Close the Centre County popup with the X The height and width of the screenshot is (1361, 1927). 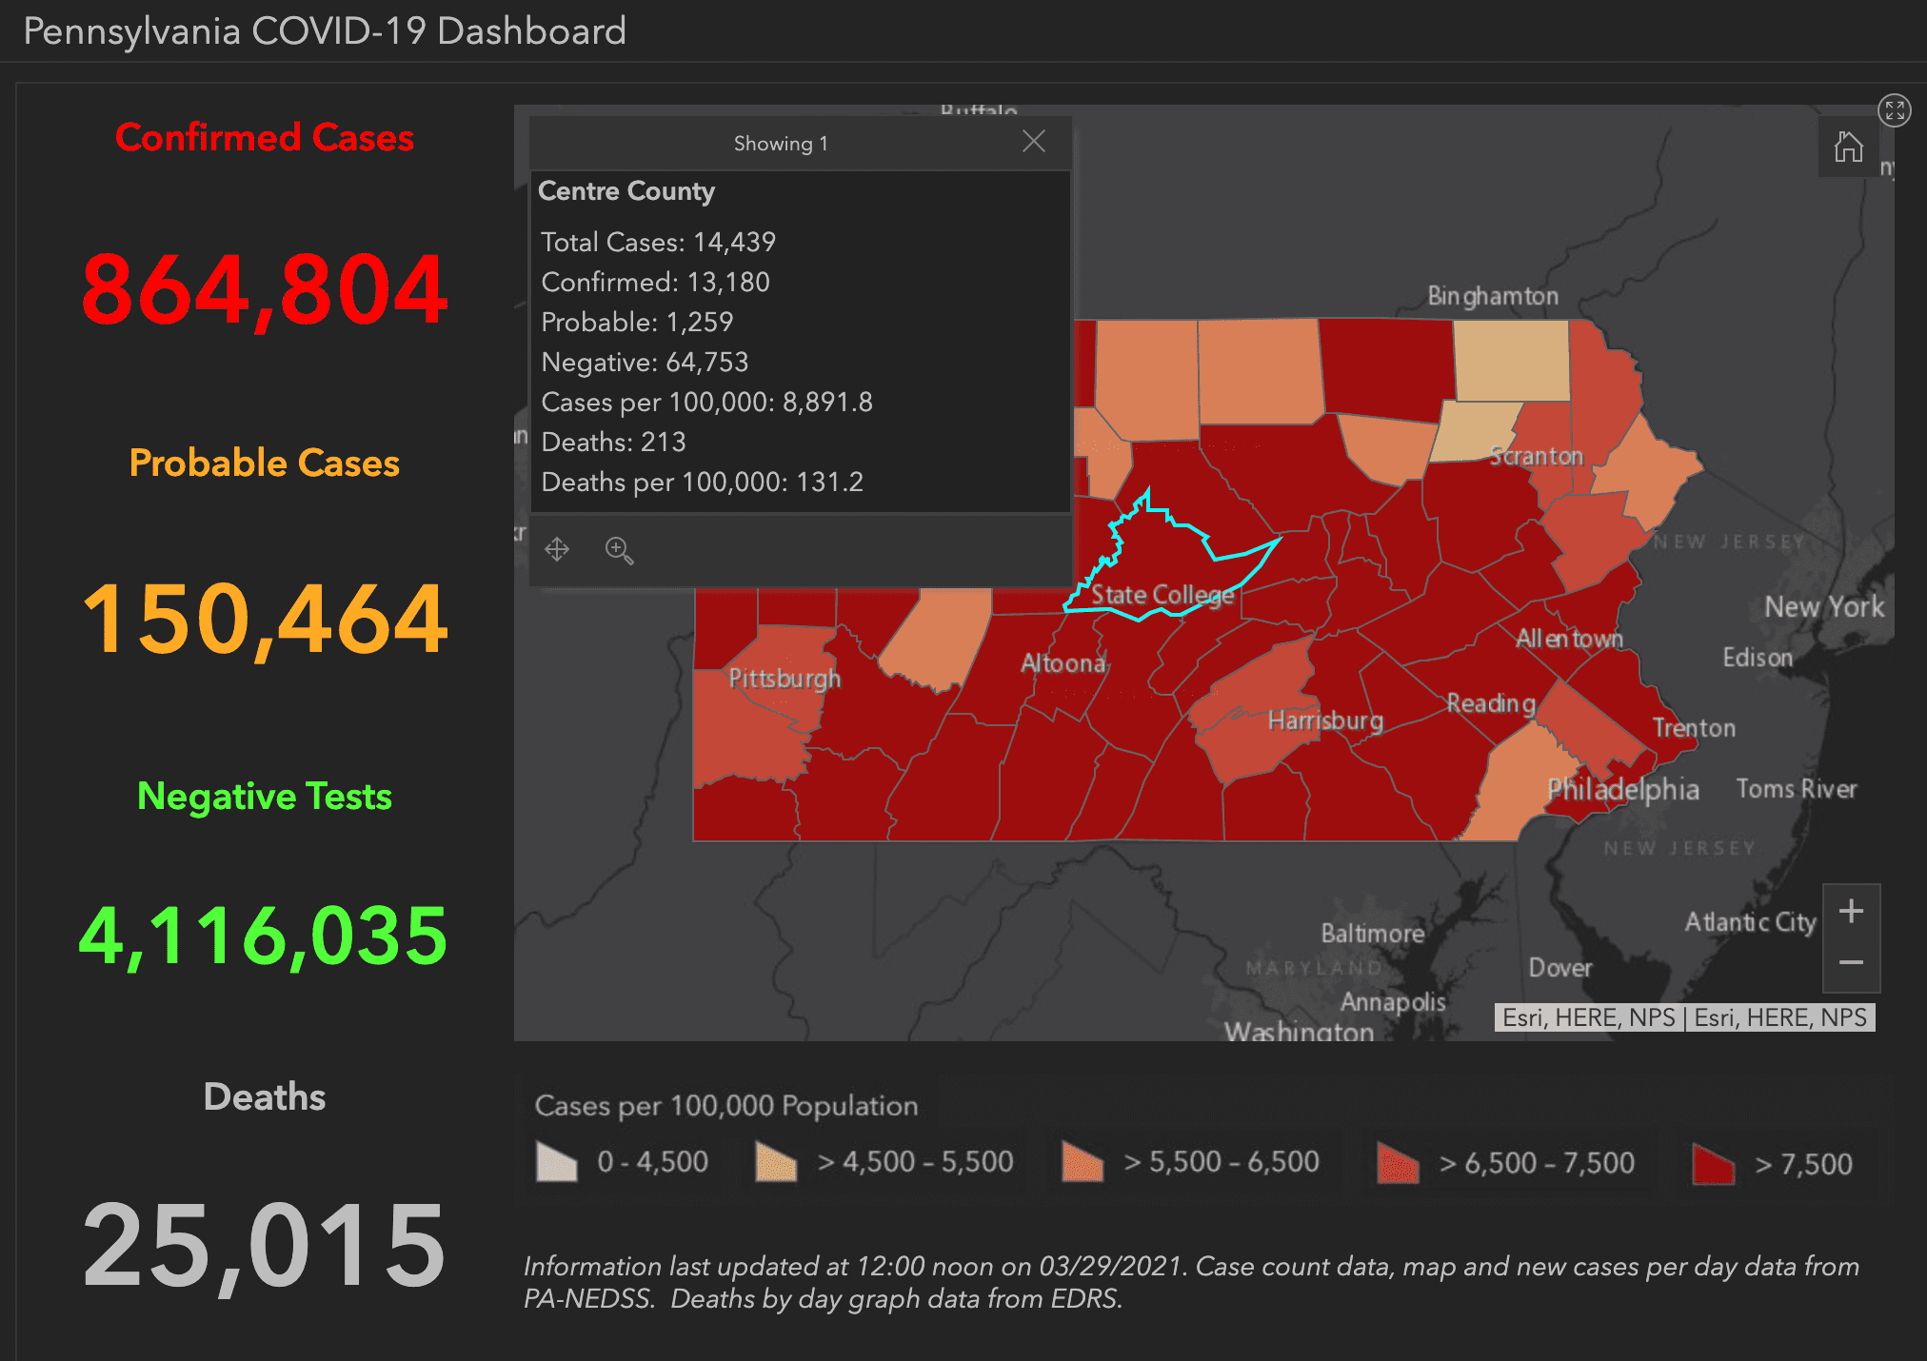(x=1034, y=142)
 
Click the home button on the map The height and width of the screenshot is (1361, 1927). (x=1848, y=147)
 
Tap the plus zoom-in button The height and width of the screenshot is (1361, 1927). (x=1851, y=912)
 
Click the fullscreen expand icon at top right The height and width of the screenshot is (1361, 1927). (x=1894, y=110)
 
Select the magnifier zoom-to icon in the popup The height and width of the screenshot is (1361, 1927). (x=619, y=550)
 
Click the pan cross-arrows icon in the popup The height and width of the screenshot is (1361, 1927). (x=557, y=549)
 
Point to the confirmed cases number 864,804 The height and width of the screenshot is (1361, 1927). (x=265, y=289)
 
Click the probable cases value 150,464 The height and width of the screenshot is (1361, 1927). (x=265, y=620)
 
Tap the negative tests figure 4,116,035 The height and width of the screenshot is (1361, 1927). (x=264, y=937)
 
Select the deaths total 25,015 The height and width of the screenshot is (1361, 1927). (x=265, y=1244)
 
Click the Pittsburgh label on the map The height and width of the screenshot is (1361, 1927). (x=785, y=679)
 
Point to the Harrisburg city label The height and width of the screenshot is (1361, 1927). (x=1325, y=720)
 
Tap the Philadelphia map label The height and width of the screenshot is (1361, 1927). (x=1622, y=789)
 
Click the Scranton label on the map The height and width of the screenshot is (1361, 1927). (x=1536, y=456)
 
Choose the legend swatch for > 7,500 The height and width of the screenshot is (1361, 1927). (x=1713, y=1163)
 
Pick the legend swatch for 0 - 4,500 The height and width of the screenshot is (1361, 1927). (x=557, y=1162)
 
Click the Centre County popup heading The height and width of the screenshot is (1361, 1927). (x=626, y=191)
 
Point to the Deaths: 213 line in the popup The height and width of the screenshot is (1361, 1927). (x=613, y=442)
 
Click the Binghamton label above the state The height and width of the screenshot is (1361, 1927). (x=1492, y=296)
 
